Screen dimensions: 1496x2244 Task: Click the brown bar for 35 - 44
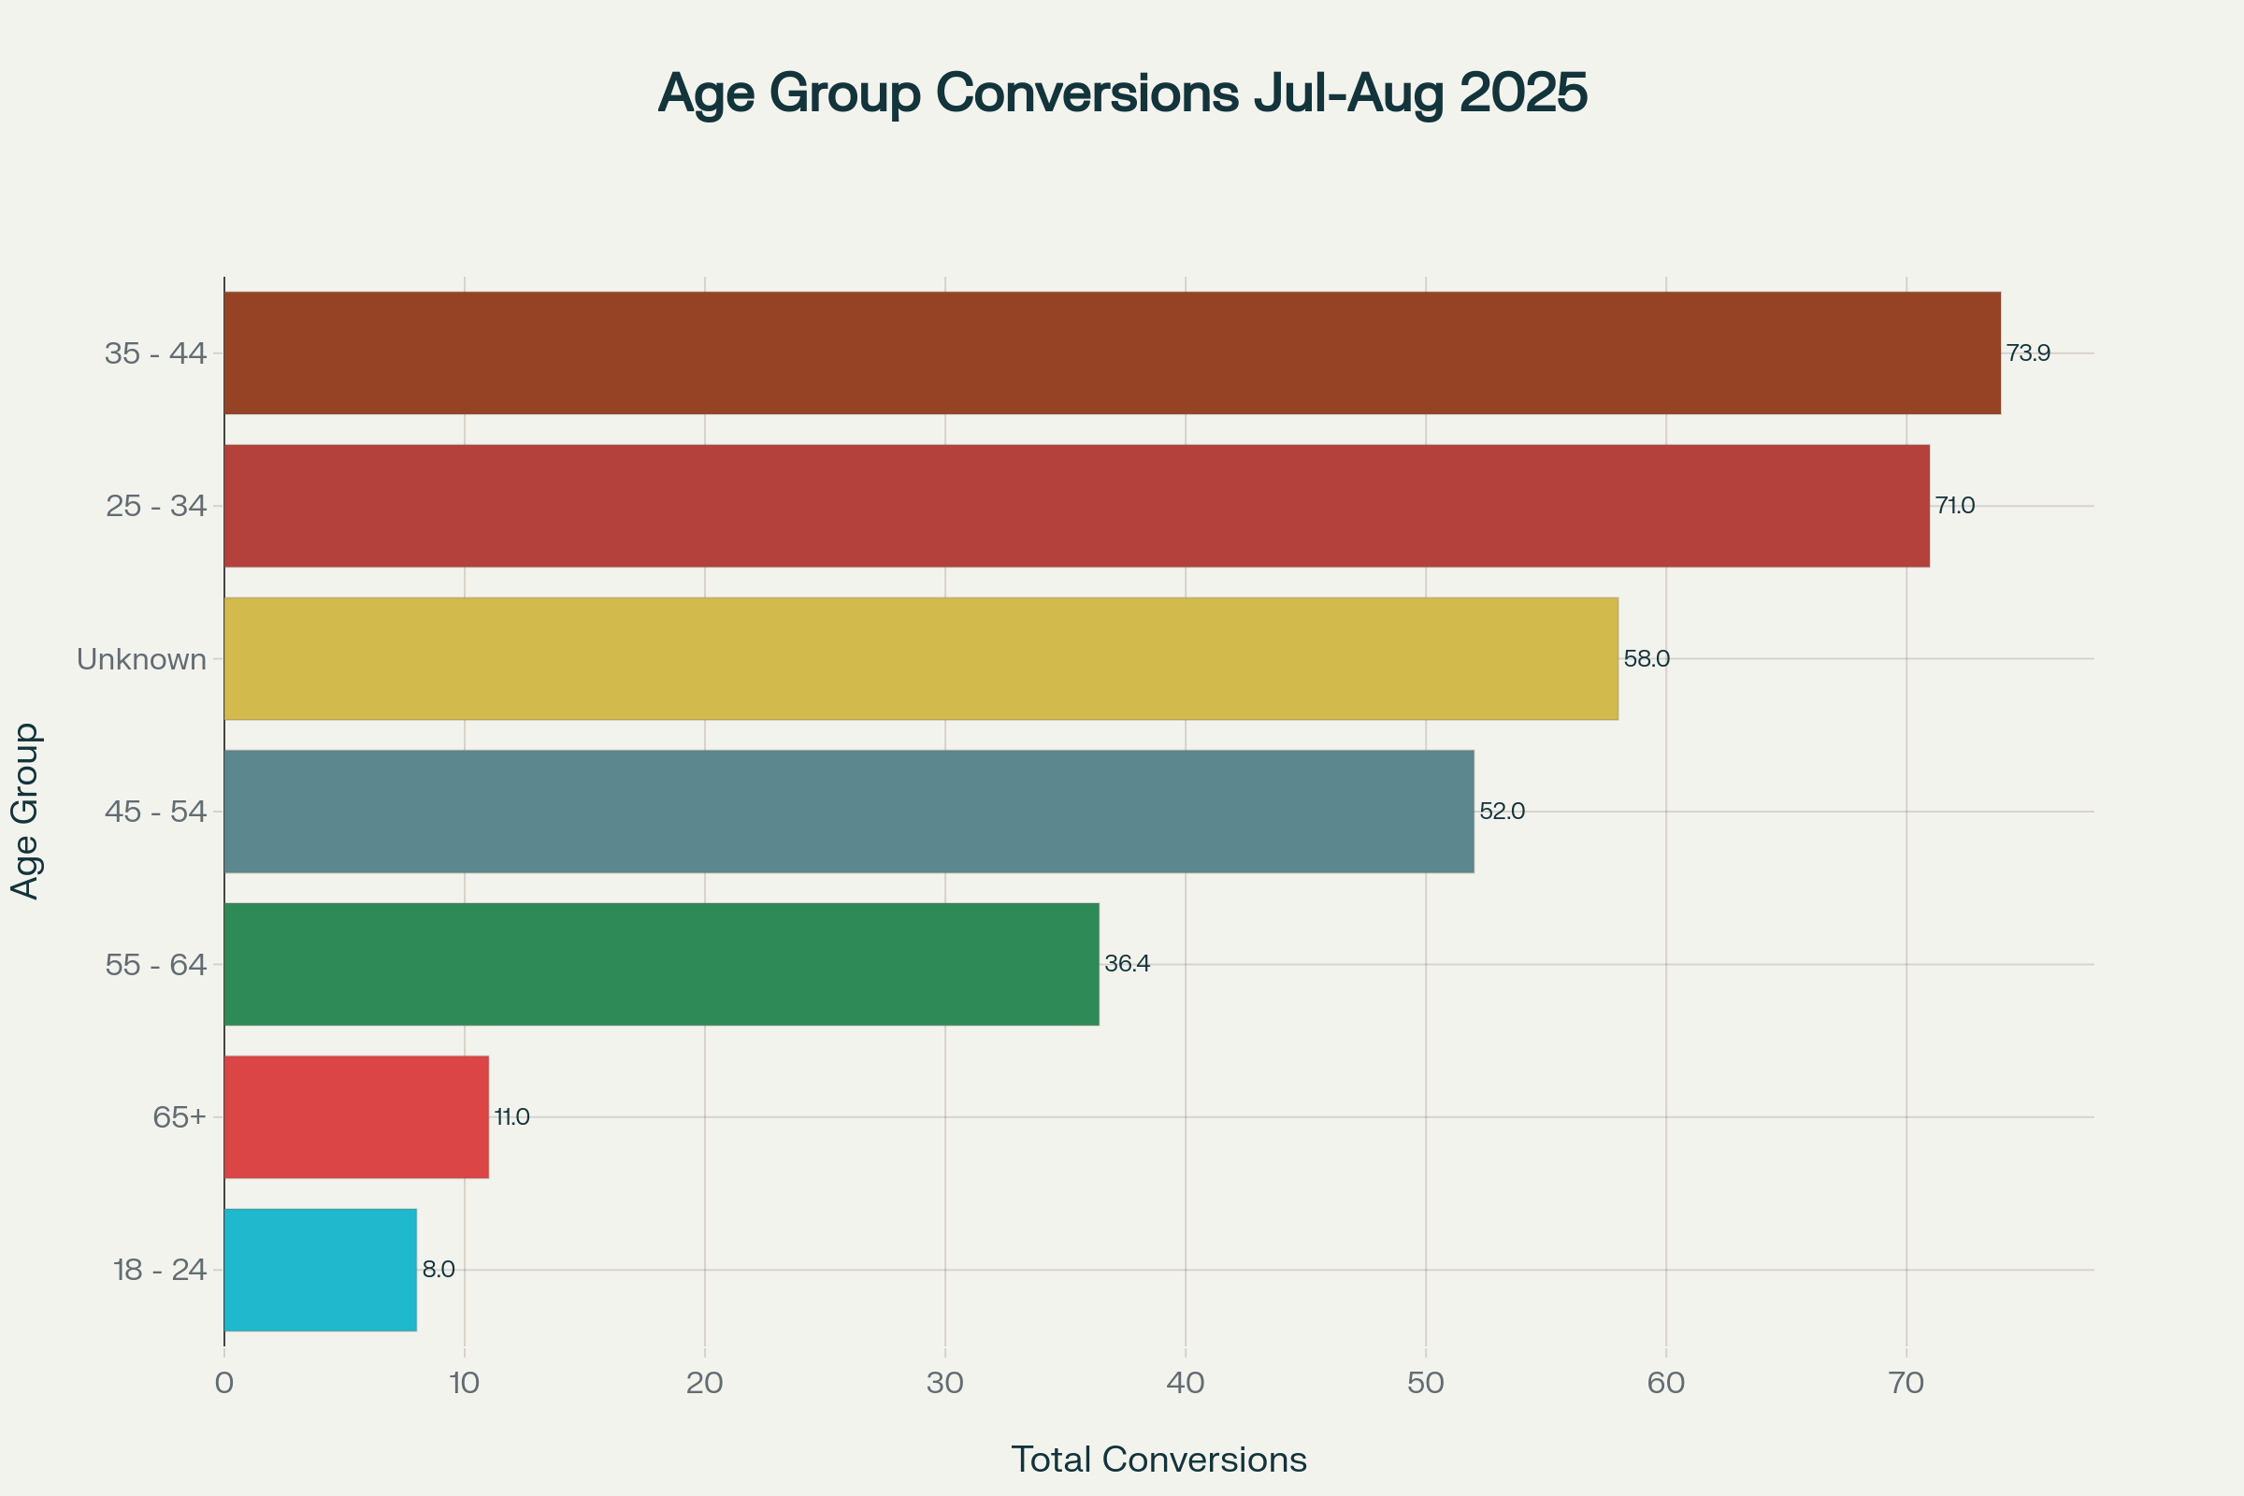(1112, 353)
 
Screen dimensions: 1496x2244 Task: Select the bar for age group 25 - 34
(1076, 506)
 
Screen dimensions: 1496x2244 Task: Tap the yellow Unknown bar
(921, 658)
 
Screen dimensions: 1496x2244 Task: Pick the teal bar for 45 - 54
(849, 811)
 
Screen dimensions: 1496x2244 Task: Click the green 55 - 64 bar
(661, 964)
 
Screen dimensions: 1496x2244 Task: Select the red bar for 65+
(356, 1116)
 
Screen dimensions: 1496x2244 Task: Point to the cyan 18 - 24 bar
(320, 1270)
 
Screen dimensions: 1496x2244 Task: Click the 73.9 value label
(2027, 353)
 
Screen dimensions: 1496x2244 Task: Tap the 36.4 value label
(1127, 964)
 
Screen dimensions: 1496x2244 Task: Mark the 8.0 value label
(438, 1270)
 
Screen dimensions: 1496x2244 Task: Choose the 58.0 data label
(1646, 658)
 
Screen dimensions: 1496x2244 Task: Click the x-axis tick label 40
(1185, 1383)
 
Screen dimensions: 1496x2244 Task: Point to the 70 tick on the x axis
(1906, 1383)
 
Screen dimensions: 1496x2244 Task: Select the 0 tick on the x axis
(224, 1383)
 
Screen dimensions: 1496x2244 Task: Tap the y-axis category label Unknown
(141, 659)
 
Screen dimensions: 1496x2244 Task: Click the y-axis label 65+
(180, 1116)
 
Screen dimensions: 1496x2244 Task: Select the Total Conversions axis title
(1158, 1460)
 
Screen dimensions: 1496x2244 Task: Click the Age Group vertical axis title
(25, 811)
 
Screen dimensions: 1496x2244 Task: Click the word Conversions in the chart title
(1087, 93)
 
